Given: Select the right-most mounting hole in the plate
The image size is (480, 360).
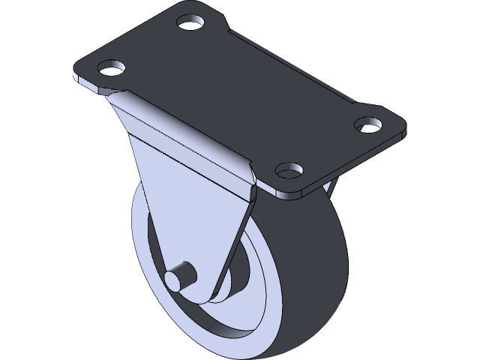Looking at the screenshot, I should click(x=367, y=122).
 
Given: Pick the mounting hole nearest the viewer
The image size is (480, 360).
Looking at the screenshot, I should click(x=289, y=169).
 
